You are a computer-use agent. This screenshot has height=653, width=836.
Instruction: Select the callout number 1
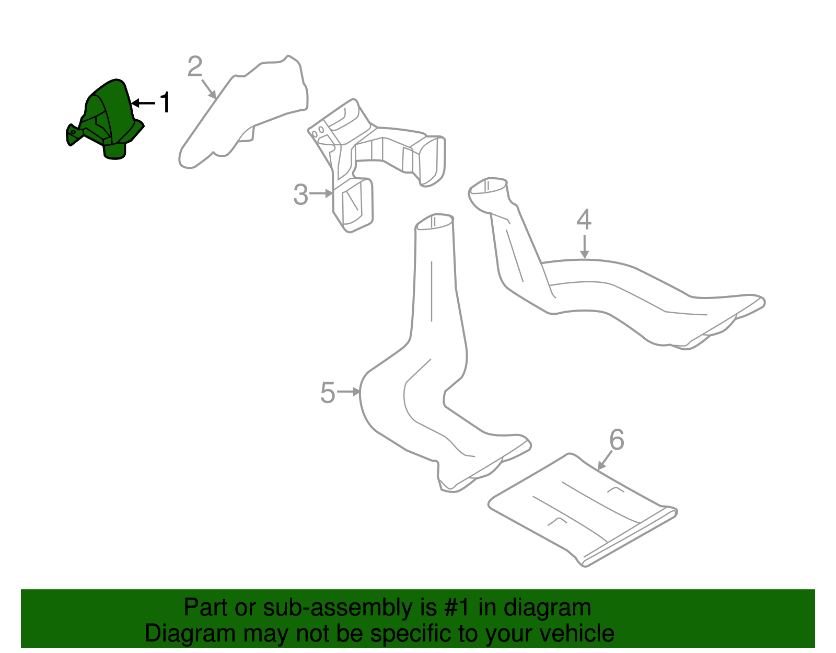coord(165,102)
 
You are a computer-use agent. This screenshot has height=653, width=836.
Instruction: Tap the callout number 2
coord(195,67)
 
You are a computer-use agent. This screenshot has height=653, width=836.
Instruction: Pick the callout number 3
coord(300,194)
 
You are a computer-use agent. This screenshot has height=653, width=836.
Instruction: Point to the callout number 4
coord(584,220)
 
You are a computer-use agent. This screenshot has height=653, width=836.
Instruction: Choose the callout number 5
coord(327,392)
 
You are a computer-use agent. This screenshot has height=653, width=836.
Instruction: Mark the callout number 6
coord(617,440)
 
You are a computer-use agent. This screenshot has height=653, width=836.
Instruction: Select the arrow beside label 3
coord(321,193)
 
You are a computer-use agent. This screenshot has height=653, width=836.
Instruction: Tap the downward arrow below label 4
coord(584,247)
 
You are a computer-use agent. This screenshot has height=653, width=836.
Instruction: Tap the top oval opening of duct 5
coord(434,222)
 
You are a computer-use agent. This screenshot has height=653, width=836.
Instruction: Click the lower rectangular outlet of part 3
coord(355,205)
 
